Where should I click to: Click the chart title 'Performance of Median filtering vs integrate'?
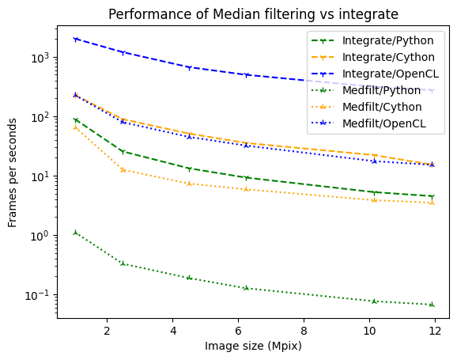point(253,14)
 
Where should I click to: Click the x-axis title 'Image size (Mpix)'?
point(253,346)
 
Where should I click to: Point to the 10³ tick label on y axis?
point(40,58)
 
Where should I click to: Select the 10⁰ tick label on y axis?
point(40,235)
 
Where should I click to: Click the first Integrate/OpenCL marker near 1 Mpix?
point(75,39)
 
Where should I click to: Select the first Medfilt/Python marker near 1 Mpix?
point(75,233)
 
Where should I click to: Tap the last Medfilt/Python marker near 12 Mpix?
point(432,305)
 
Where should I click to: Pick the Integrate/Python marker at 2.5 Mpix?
point(123,151)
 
